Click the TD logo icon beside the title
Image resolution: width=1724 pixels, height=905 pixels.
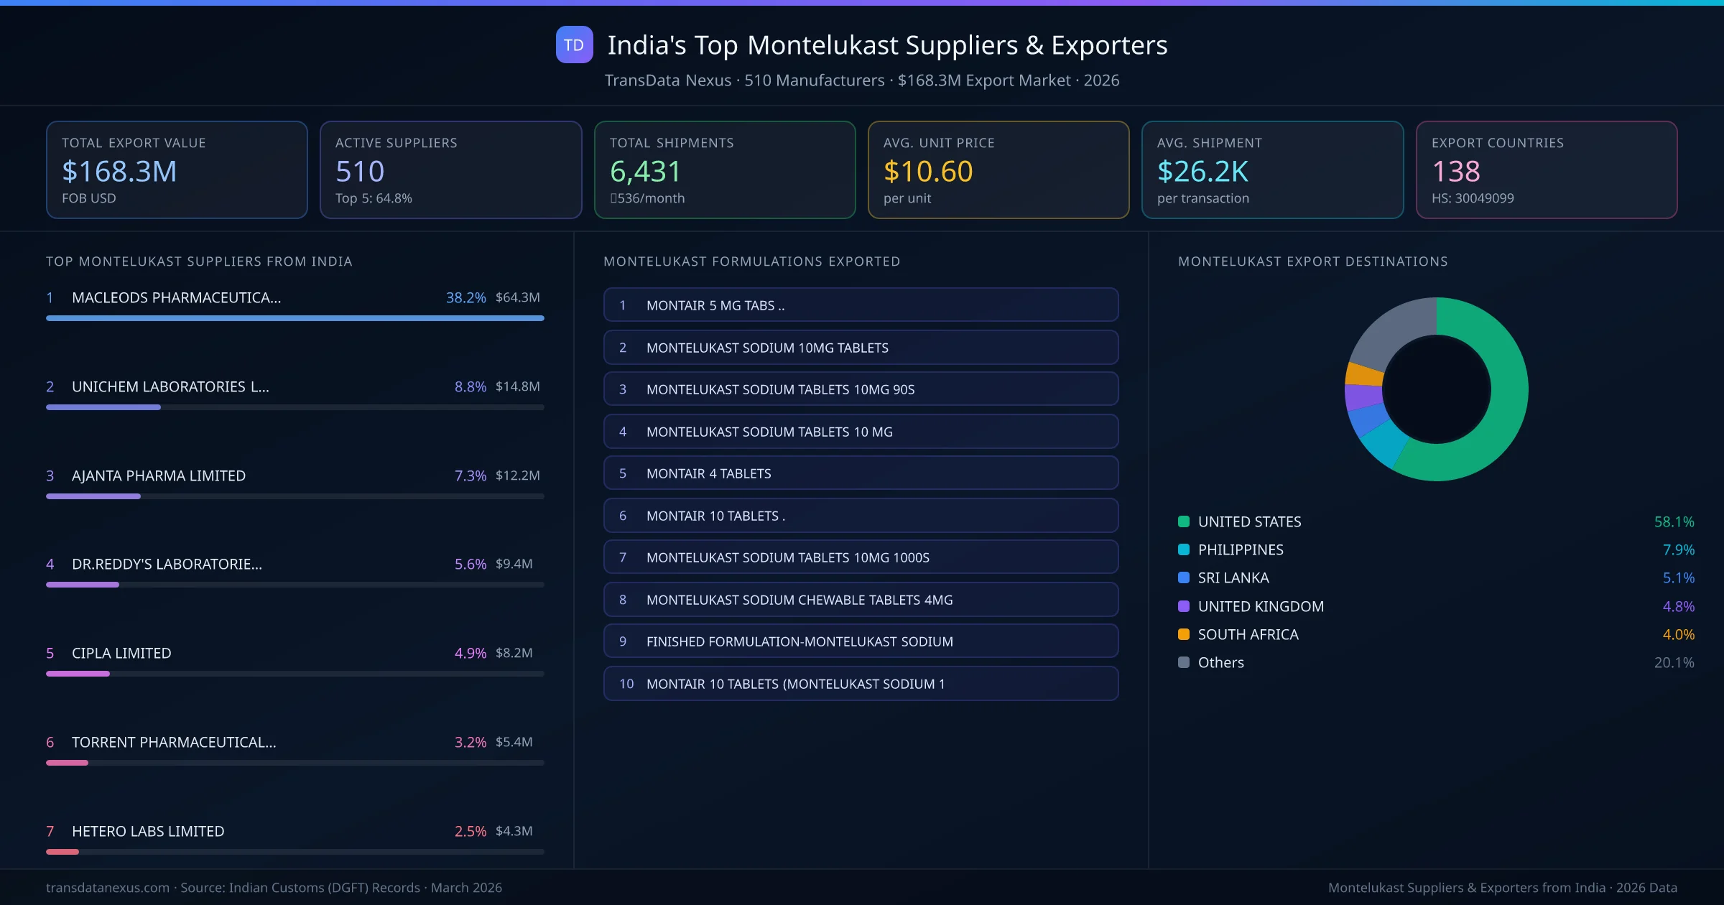574,45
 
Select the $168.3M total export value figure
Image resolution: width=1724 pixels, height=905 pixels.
119,172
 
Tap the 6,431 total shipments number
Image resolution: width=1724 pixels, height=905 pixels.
644,172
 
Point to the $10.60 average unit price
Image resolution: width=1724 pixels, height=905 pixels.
927,172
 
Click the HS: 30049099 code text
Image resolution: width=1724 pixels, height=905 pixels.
1472,198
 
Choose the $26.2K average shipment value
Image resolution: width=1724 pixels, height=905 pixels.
1202,172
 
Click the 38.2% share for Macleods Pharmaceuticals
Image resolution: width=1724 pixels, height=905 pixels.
465,297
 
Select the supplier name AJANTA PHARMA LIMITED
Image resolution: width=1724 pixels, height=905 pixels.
159,475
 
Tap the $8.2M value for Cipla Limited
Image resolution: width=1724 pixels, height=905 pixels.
514,653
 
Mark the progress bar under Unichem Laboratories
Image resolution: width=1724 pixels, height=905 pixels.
103,407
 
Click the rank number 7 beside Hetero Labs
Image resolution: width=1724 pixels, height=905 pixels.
50,831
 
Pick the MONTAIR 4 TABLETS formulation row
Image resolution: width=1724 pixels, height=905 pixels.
861,473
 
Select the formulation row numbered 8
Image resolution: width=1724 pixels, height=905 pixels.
861,600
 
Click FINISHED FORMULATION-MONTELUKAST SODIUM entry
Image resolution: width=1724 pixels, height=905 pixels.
800,641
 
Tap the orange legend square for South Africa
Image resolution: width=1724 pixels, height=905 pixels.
1184,634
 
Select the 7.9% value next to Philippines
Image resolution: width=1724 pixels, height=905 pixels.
1678,550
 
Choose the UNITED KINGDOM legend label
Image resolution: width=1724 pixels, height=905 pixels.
1261,606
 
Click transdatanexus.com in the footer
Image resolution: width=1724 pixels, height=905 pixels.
108,888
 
